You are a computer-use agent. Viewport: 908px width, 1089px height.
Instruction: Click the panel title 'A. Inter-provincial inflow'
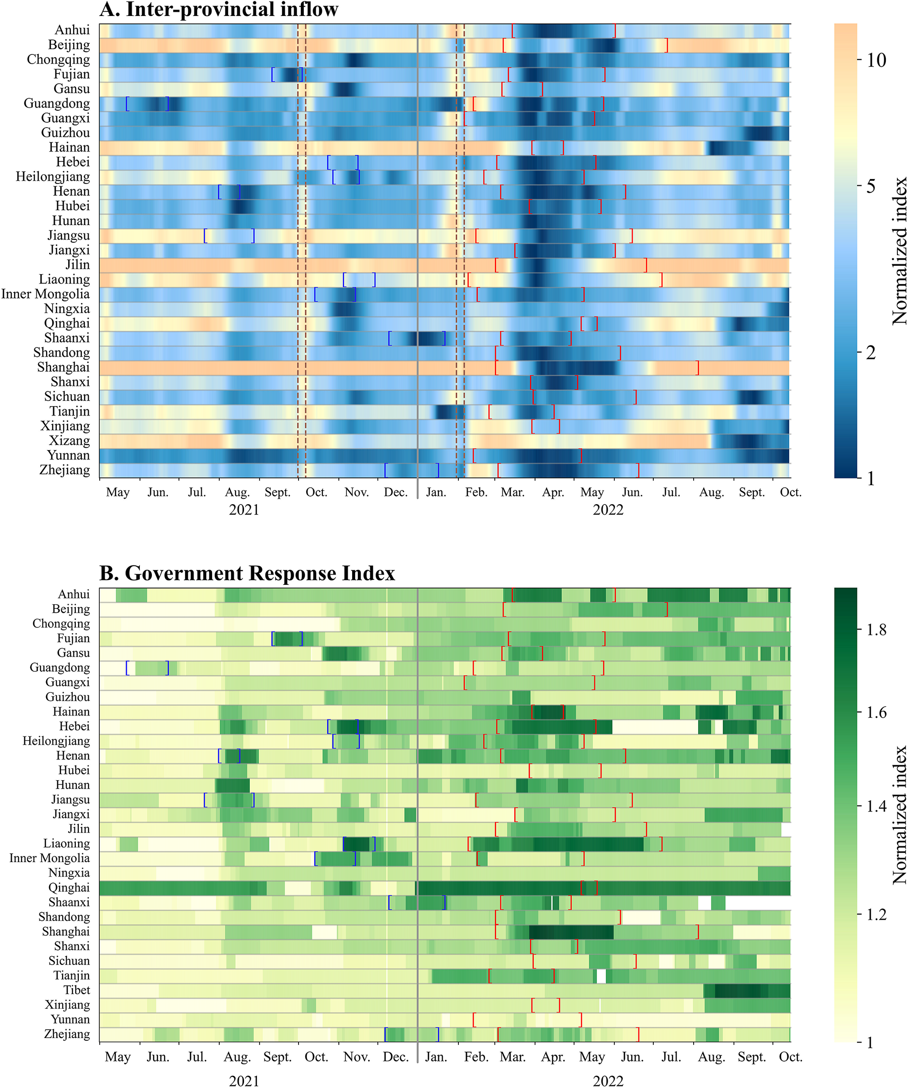[219, 9]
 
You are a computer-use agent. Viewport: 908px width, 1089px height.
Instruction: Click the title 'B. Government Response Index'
[247, 573]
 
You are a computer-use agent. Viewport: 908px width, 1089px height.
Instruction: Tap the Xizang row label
[70, 441]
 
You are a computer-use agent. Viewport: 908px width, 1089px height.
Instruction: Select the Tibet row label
[77, 990]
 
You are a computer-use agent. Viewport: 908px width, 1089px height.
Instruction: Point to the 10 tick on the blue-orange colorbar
[877, 60]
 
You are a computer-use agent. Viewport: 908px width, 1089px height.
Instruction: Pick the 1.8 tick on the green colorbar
[877, 630]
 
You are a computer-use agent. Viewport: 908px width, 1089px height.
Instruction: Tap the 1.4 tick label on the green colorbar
[877, 806]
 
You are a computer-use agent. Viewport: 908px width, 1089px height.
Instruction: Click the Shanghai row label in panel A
[63, 367]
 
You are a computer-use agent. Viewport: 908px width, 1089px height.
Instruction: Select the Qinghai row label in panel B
[69, 887]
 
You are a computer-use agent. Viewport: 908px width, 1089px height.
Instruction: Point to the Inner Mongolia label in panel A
[46, 294]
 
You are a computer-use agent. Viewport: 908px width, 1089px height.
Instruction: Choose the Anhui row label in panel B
[74, 594]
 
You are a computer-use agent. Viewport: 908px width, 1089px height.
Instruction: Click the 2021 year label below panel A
[244, 510]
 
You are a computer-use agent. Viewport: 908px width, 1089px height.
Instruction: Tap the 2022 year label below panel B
[608, 1081]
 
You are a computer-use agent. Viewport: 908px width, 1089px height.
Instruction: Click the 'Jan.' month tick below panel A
[436, 492]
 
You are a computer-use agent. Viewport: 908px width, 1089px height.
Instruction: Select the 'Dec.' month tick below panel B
[396, 1057]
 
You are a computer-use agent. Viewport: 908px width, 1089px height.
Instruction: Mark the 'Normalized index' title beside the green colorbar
[900, 815]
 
